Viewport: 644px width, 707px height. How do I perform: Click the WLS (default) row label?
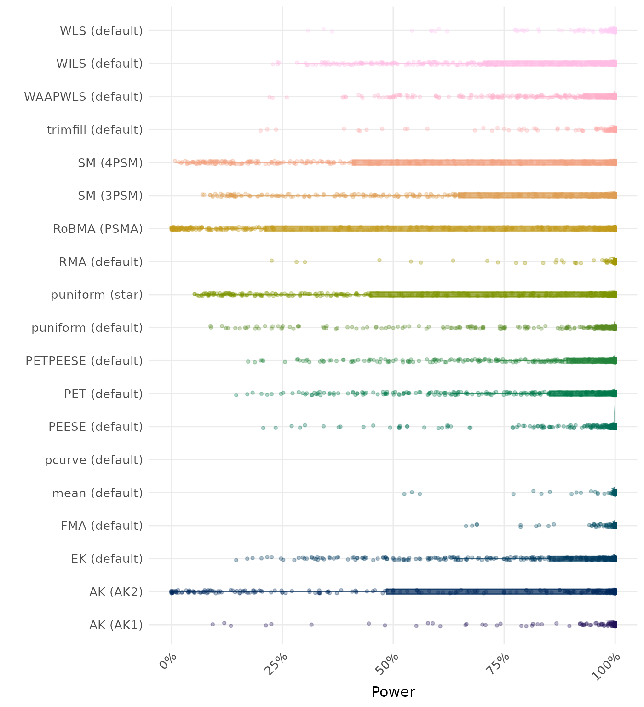101,31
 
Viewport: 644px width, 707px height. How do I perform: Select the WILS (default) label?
99,64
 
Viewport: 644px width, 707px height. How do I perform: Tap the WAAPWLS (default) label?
83,97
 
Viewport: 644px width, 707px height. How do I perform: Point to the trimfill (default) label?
95,130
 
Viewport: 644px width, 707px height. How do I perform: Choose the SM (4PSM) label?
110,163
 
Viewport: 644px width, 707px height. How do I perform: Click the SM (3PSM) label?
110,196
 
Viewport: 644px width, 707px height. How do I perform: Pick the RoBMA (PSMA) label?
98,229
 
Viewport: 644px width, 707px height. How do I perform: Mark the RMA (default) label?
101,262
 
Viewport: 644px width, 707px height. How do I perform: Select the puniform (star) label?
97,295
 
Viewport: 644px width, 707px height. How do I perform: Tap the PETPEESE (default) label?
84,361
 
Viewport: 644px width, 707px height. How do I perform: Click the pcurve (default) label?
94,460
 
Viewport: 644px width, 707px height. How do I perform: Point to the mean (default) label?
98,493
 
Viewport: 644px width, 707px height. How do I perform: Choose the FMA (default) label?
102,526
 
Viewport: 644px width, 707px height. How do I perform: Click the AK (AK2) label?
116,592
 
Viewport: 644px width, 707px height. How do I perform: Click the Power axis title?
393,692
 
